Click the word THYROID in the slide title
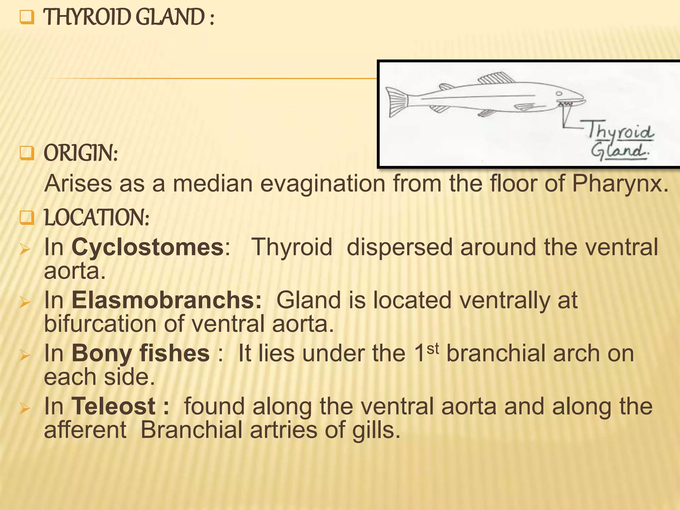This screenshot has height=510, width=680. pos(88,17)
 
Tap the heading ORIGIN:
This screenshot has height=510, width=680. pos(81,153)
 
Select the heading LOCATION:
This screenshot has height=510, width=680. pos(97,218)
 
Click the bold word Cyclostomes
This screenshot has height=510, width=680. pos(148,247)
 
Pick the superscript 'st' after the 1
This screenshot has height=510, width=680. pos(433,348)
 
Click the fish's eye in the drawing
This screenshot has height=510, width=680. pos(559,93)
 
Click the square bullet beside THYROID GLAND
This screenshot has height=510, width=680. pos(27,17)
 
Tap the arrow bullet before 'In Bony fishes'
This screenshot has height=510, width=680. pos(25,355)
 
